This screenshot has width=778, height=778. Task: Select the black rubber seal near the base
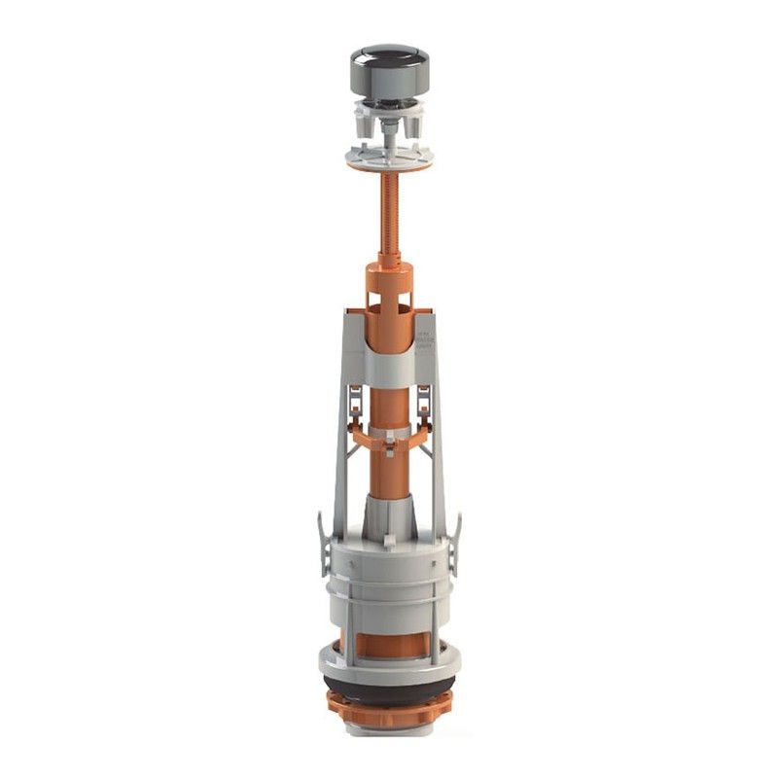point(388,691)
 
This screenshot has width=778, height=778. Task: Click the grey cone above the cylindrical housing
point(388,515)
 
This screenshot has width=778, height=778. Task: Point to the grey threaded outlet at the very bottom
point(388,732)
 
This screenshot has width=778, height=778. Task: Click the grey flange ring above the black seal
point(388,671)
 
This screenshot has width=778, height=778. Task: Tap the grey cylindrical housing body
point(388,574)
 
